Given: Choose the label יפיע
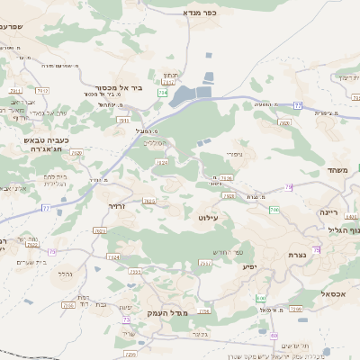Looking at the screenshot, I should click(251, 267).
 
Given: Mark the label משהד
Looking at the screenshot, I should click(337, 170).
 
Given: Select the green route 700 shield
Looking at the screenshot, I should click(274, 210).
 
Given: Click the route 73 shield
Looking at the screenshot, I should click(52, 251).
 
